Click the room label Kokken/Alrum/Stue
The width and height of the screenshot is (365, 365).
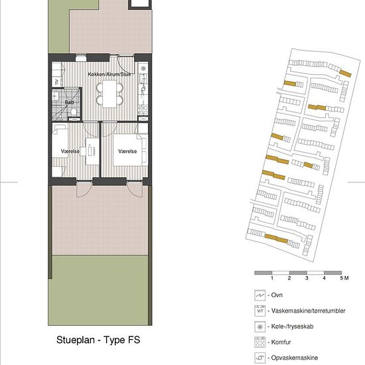pos(110,74)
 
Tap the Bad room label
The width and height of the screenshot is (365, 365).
pos(69,102)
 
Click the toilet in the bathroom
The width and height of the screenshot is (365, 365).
pos(74,111)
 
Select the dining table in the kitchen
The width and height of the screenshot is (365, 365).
pos(110,94)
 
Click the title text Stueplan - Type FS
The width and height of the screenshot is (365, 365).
pos(98,340)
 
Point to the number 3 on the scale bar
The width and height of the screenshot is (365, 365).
pos(307,278)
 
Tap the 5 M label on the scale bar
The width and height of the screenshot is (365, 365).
pos(344,278)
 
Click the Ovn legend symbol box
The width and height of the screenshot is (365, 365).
pos(260,295)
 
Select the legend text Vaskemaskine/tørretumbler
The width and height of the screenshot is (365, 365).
pos(308,311)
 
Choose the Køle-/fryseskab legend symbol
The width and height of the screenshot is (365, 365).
pos(260,327)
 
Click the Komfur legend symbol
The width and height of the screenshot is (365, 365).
pos(260,342)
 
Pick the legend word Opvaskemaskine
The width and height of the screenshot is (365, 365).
pos(295,358)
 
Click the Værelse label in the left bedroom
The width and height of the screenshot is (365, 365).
pos(70,151)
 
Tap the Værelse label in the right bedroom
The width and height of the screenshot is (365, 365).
pos(127,151)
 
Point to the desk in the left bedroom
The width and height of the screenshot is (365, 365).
pos(92,151)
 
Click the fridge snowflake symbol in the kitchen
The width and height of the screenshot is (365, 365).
pos(143,68)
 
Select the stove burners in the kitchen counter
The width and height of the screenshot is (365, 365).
pos(143,110)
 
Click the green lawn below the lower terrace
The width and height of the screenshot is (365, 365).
pos(98,290)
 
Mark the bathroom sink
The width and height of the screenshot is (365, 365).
pos(56,96)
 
